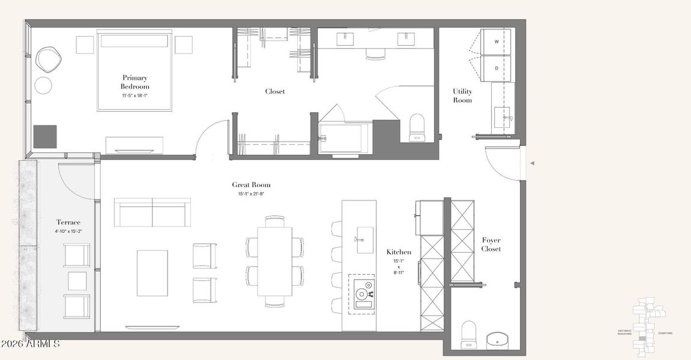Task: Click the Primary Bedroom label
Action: pyautogui.click(x=134, y=82)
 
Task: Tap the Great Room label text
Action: pyautogui.click(x=251, y=185)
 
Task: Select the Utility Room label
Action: pyautogui.click(x=462, y=95)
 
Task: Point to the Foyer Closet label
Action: pyautogui.click(x=490, y=244)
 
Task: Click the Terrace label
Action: pyautogui.click(x=68, y=223)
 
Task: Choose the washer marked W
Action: pyautogui.click(x=496, y=42)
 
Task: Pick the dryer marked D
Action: pyautogui.click(x=496, y=68)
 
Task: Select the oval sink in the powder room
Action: pyautogui.click(x=497, y=340)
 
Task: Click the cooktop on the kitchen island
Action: pyautogui.click(x=362, y=293)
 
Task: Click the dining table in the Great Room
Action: pyautogui.click(x=275, y=260)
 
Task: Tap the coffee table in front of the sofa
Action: pyautogui.click(x=152, y=273)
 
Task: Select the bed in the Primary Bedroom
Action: pyautogui.click(x=134, y=70)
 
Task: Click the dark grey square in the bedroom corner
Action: pyautogui.click(x=45, y=136)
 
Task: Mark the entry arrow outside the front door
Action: pyautogui.click(x=531, y=163)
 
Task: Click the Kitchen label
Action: pyautogui.click(x=399, y=252)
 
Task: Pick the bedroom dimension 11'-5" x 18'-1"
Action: pyautogui.click(x=134, y=95)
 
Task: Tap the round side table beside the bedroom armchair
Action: pyautogui.click(x=44, y=85)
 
